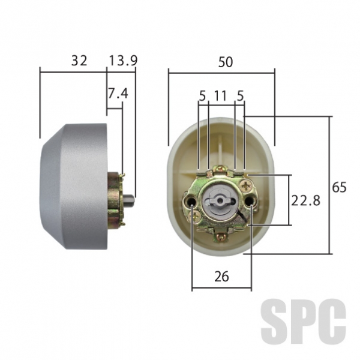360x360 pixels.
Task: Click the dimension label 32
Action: click(x=79, y=61)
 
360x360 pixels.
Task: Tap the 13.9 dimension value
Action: click(x=123, y=61)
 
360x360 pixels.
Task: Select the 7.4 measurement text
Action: click(x=118, y=94)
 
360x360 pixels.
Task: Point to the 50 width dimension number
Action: click(x=225, y=62)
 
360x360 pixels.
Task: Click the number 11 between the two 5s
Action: click(x=220, y=96)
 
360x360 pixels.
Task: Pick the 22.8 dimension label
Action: click(x=305, y=200)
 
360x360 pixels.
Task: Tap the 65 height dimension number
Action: click(x=339, y=187)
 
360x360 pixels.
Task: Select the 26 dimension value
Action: click(x=221, y=277)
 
